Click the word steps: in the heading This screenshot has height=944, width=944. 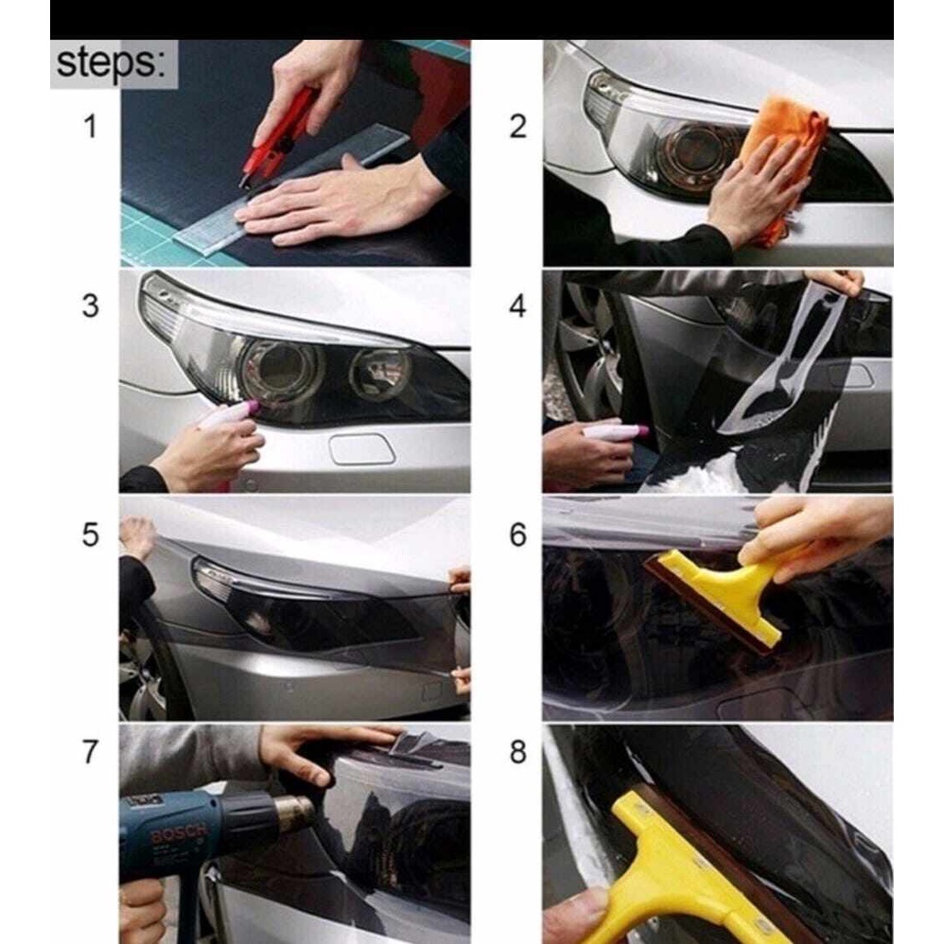tap(110, 63)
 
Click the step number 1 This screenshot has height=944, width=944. tap(90, 127)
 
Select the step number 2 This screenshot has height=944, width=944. tap(517, 127)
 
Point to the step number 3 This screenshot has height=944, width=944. tap(90, 306)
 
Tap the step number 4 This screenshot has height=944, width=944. tap(517, 306)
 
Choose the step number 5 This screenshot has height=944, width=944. tap(90, 534)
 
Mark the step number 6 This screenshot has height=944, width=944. tap(517, 534)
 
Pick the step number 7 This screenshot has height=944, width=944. tap(90, 751)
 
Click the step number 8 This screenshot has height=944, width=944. tap(517, 751)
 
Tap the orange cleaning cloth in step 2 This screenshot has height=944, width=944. tap(783, 161)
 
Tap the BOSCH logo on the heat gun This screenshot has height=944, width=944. tap(180, 834)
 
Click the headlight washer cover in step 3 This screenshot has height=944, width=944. tap(362, 449)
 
